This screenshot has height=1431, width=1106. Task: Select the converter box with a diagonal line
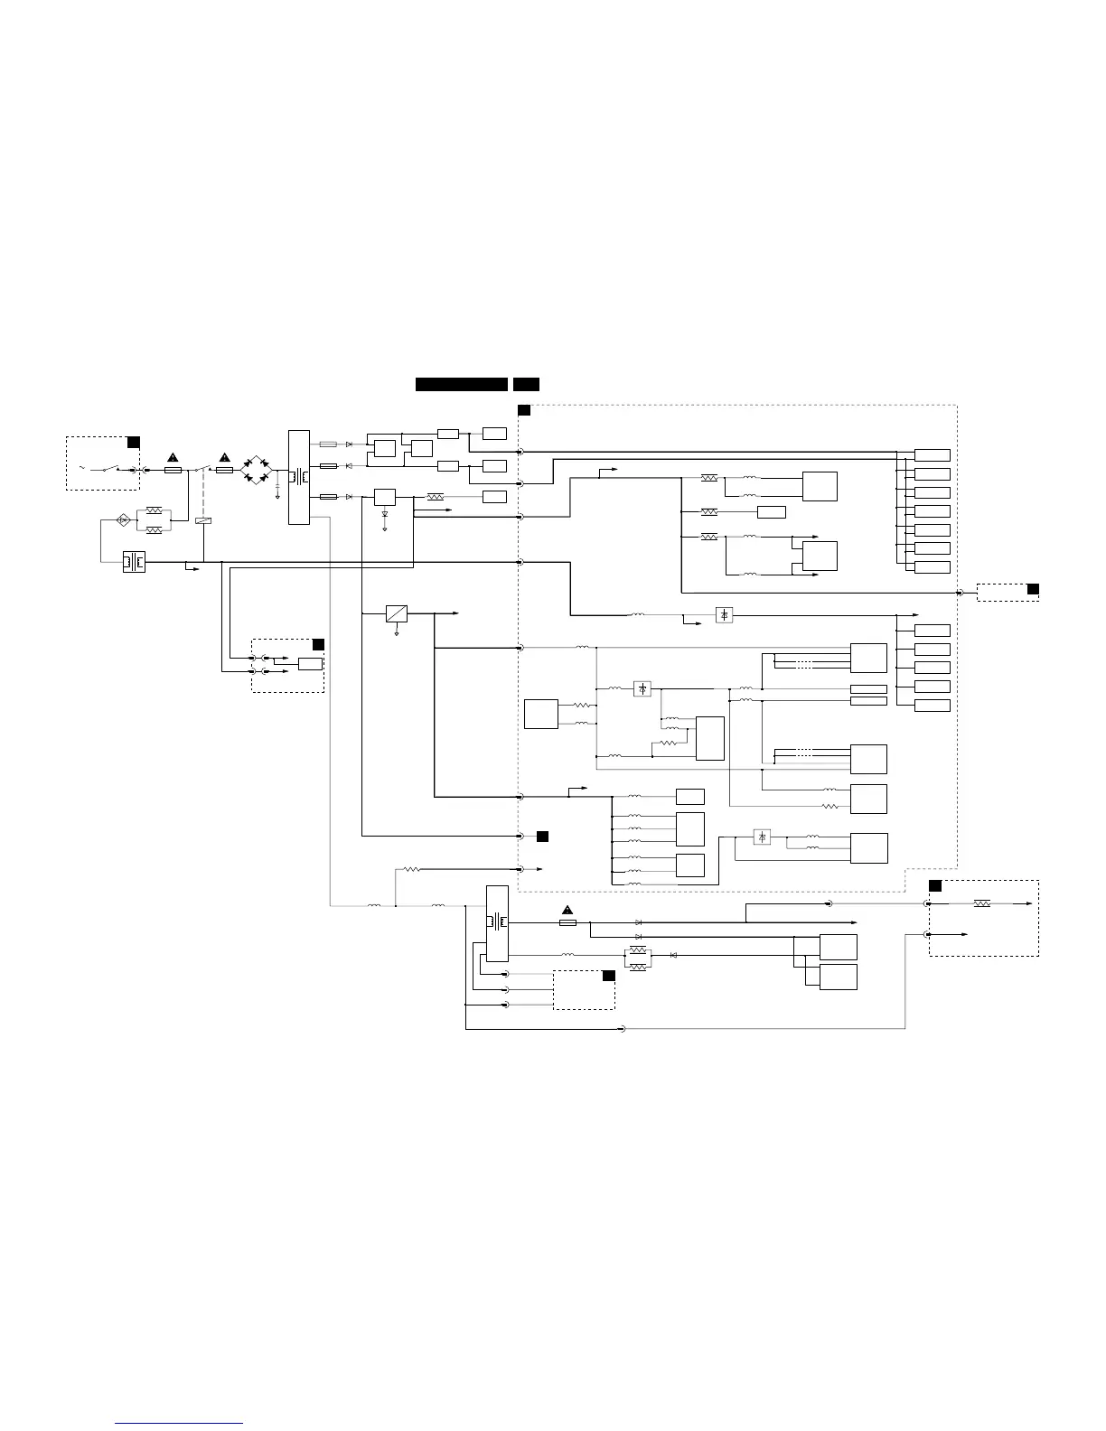click(x=397, y=613)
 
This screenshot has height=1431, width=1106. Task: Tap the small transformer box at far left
click(x=134, y=562)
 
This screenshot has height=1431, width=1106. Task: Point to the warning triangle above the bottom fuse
click(x=567, y=910)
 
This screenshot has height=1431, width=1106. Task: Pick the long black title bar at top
click(x=461, y=384)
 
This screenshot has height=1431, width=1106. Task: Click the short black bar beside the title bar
click(x=526, y=384)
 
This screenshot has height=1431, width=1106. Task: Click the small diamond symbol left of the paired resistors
click(x=124, y=519)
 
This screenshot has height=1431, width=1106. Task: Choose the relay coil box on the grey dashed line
click(x=203, y=520)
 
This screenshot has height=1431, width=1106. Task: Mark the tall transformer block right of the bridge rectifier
click(x=298, y=476)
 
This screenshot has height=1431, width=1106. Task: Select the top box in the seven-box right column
click(x=933, y=454)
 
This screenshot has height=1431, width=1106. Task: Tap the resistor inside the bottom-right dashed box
click(x=982, y=903)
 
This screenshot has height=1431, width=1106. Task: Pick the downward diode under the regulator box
click(x=385, y=513)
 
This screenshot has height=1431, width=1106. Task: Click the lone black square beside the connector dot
click(x=542, y=837)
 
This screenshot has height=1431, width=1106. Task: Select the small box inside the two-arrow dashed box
click(x=310, y=664)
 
